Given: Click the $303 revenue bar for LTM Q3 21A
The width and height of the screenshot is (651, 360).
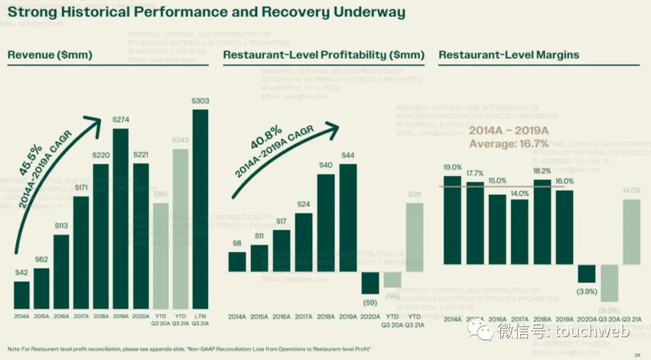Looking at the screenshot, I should (x=200, y=209).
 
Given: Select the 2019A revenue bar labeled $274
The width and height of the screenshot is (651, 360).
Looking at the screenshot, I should (x=121, y=218).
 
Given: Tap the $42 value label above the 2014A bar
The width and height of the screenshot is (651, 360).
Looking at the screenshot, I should (x=22, y=273).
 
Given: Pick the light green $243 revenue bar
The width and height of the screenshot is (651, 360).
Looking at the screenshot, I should (x=180, y=229).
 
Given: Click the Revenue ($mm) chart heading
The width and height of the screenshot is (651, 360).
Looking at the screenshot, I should (x=49, y=55).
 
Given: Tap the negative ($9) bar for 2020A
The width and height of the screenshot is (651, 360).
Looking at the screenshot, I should (x=370, y=283).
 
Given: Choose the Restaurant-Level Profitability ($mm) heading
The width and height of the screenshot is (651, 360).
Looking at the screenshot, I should (x=323, y=55).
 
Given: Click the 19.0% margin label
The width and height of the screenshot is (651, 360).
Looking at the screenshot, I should (x=452, y=168).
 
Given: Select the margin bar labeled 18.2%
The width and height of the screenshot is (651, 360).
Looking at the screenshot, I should (x=542, y=222).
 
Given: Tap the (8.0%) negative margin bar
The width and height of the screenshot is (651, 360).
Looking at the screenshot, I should (x=609, y=283).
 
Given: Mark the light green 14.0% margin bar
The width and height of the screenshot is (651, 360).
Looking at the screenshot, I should (x=631, y=232).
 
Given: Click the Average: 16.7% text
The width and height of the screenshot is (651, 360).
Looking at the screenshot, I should (x=509, y=144).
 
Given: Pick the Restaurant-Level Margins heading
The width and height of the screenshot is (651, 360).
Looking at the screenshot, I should (x=508, y=55).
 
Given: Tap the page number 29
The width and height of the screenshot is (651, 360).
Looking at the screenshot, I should (x=637, y=354).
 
